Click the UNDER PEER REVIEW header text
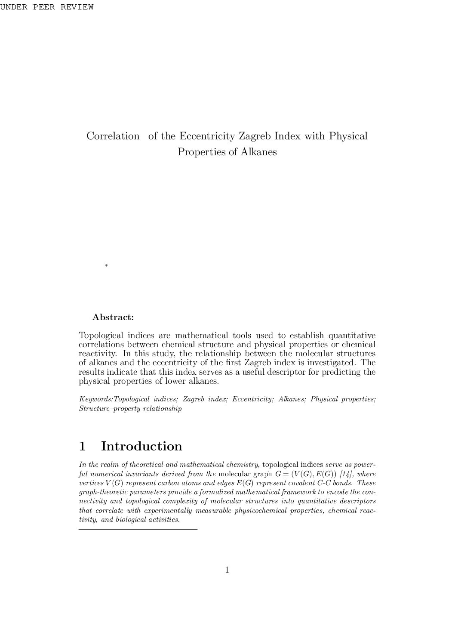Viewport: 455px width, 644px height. click(x=46, y=7)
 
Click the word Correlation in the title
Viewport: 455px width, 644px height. click(x=113, y=136)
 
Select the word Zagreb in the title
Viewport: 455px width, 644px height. click(x=255, y=136)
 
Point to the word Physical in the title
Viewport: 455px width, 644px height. click(x=348, y=136)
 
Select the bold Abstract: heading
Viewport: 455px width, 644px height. click(x=113, y=317)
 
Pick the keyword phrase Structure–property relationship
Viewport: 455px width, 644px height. click(x=130, y=409)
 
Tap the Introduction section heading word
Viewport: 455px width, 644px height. click(x=141, y=446)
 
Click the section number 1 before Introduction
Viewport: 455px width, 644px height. click(x=83, y=446)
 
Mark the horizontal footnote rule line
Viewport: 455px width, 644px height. click(x=138, y=529)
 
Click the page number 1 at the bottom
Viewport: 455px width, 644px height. click(x=227, y=570)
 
